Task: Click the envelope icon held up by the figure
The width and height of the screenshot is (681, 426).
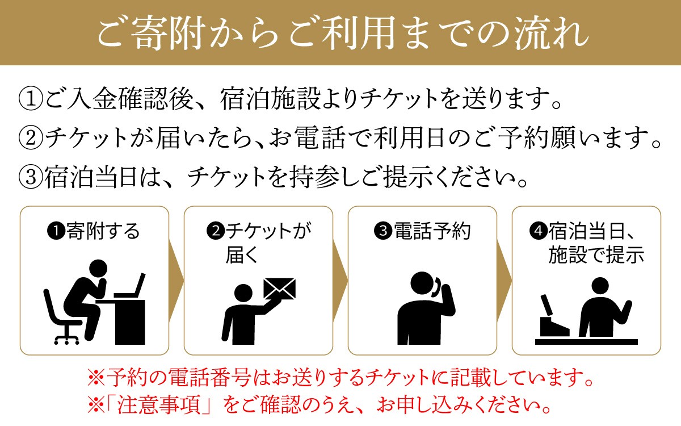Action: (x=279, y=289)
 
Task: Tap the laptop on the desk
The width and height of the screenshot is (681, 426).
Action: (x=130, y=286)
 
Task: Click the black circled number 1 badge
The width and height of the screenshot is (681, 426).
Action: (x=56, y=232)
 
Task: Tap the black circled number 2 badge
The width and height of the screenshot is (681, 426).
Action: (x=216, y=231)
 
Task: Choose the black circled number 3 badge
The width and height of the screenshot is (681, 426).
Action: (x=383, y=231)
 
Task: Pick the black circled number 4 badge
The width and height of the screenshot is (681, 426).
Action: (x=538, y=231)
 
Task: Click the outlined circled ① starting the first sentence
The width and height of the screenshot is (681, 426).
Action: (x=31, y=99)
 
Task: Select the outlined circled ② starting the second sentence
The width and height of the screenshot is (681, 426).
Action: (x=31, y=138)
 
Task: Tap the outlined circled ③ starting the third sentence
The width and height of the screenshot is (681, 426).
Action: (x=31, y=177)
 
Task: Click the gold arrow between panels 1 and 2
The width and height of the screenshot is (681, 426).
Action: (x=176, y=281)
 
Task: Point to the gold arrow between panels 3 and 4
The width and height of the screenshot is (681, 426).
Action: (x=505, y=281)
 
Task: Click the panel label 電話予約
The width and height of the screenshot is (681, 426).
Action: (x=432, y=231)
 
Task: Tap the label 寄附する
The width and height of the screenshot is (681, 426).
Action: (x=103, y=232)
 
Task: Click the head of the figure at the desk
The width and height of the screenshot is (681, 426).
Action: (x=98, y=269)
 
